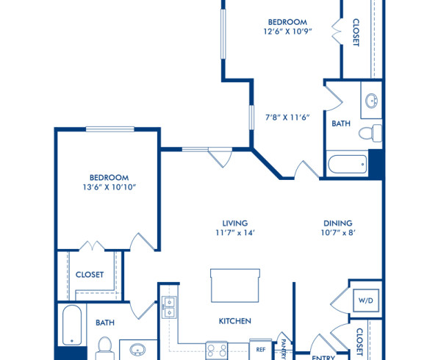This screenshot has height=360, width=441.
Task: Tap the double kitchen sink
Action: tap(168, 307)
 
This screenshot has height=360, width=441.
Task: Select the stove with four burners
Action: tap(218, 350)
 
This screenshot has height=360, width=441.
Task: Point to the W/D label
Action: tap(365, 300)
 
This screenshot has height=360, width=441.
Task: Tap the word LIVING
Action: tap(235, 223)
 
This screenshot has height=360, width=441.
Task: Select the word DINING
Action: tap(338, 223)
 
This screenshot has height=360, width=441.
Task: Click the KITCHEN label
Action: tap(235, 321)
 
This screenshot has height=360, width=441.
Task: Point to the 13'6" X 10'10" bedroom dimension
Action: tap(109, 187)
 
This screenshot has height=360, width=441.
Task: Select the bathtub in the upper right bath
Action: tap(347, 164)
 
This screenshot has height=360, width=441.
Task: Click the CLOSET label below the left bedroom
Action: tap(90, 275)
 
